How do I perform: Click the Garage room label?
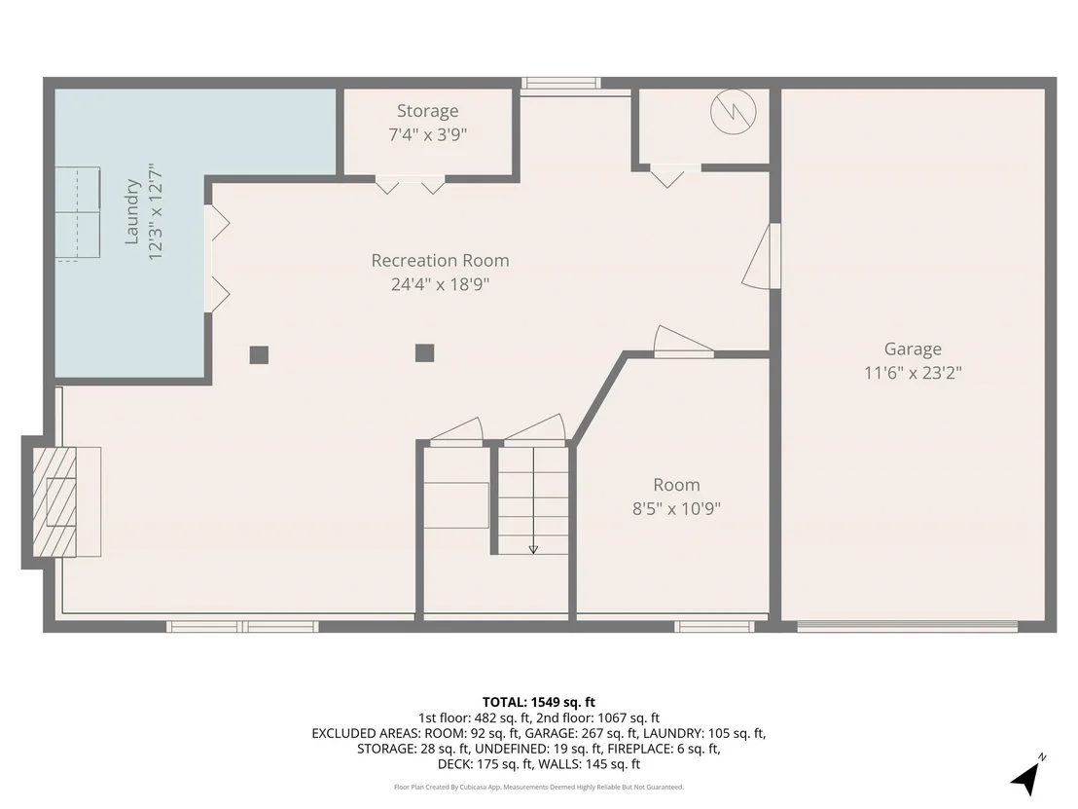pyautogui.click(x=913, y=349)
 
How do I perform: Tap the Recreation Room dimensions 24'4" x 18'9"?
pyautogui.click(x=440, y=284)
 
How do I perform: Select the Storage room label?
pyautogui.click(x=428, y=111)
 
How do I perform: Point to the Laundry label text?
pyautogui.click(x=132, y=212)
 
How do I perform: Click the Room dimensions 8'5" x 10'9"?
pyautogui.click(x=676, y=508)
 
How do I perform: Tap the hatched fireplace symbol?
pyautogui.click(x=55, y=502)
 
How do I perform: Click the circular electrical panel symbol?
pyautogui.click(x=734, y=111)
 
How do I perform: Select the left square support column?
pyautogui.click(x=259, y=355)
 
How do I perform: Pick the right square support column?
pyautogui.click(x=425, y=353)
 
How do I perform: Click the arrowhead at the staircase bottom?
pyautogui.click(x=533, y=549)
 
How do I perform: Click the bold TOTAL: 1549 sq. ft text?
pyautogui.click(x=539, y=702)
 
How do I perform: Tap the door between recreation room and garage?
pyautogui.click(x=762, y=255)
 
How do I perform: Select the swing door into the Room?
pyautogui.click(x=683, y=342)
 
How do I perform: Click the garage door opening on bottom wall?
pyautogui.click(x=908, y=626)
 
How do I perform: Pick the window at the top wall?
pyautogui.click(x=561, y=84)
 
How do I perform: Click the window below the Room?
pyautogui.click(x=714, y=627)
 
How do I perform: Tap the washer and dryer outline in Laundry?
pyautogui.click(x=78, y=213)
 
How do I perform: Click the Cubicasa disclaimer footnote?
pyautogui.click(x=539, y=787)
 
